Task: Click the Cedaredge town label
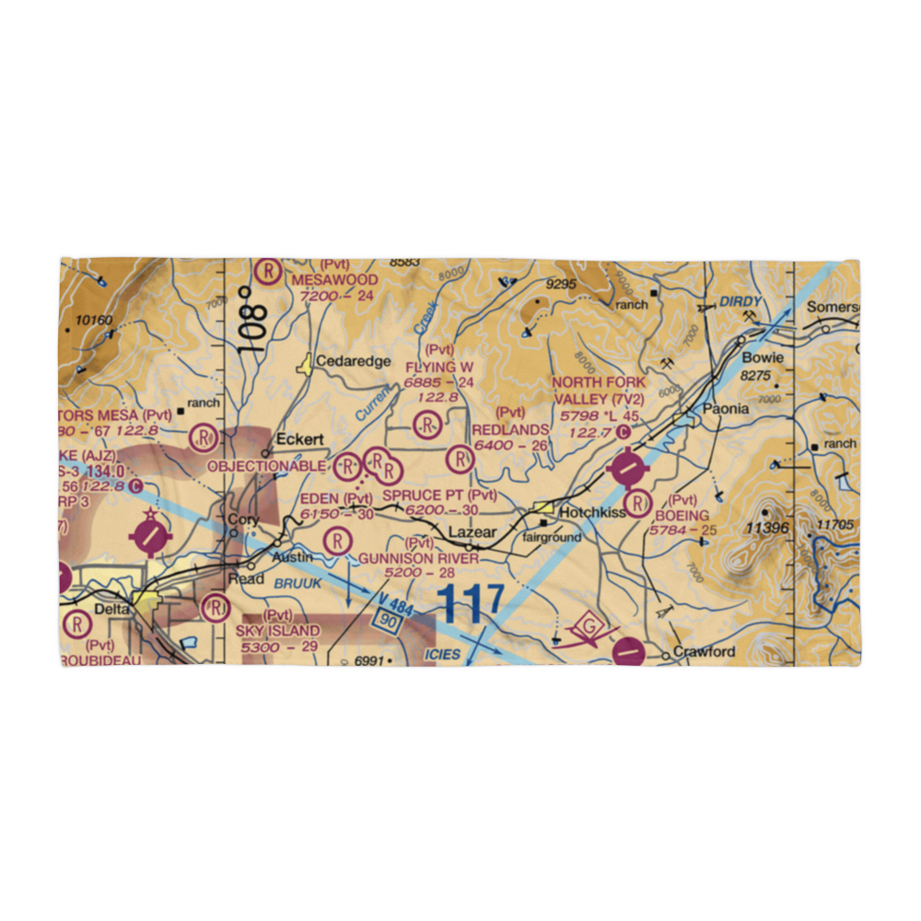click(354, 361)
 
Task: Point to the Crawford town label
click(705, 652)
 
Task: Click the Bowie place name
click(764, 357)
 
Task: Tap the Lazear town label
click(472, 533)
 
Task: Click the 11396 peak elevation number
click(770, 528)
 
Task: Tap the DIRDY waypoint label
click(741, 300)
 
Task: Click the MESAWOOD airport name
click(334, 279)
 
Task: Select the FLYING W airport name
click(439, 367)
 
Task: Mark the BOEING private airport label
click(682, 516)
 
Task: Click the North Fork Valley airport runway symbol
click(628, 471)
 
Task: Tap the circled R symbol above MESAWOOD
click(267, 271)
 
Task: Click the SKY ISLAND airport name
click(277, 631)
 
